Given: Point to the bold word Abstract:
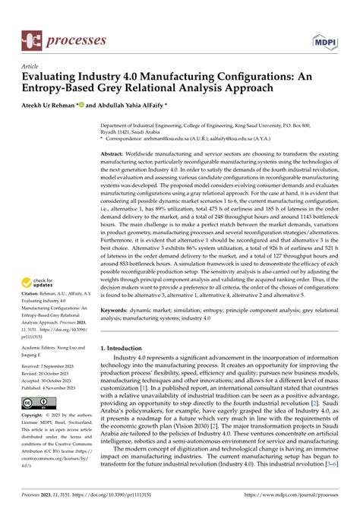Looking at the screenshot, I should coord(115,153).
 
